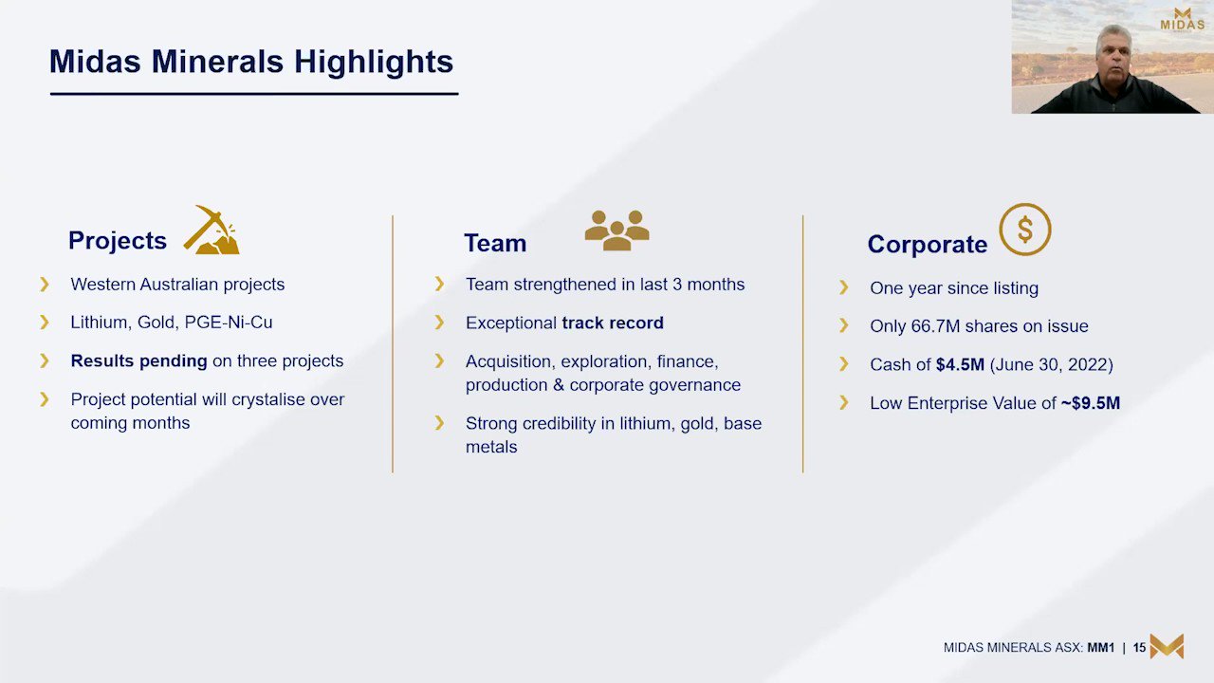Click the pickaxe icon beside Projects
212,231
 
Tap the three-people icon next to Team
616,231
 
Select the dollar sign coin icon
1025,230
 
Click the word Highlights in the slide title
374,62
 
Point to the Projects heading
118,241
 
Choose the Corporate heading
928,244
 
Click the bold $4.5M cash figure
960,365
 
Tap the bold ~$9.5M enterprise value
1090,403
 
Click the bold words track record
613,323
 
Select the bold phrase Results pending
138,361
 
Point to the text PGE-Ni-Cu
229,323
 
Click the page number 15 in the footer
1139,648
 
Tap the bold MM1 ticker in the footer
1101,648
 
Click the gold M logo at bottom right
1167,646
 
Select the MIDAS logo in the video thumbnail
1183,20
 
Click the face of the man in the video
1113,53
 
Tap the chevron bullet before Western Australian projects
45,284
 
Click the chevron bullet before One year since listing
844,287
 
